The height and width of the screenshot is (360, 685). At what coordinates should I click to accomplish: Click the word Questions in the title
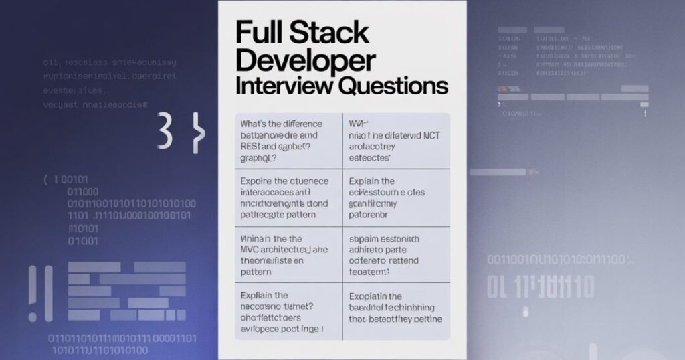(393, 86)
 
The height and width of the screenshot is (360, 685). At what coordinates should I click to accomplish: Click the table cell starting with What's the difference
(288, 141)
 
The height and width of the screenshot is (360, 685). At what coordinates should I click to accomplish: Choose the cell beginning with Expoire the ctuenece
(288, 198)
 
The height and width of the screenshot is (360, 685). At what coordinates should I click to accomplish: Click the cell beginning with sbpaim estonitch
(396, 255)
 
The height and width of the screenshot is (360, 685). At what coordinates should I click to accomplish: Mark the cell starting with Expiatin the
(396, 312)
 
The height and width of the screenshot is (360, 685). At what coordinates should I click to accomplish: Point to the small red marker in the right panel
(502, 88)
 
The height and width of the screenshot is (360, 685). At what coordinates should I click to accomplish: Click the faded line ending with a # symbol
(96, 105)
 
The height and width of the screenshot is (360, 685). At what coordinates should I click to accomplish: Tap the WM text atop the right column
(359, 124)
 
